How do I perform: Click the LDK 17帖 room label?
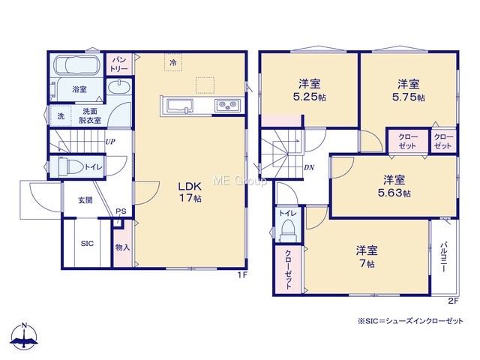pyautogui.click(x=190, y=192)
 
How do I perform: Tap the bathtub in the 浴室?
pyautogui.click(x=76, y=65)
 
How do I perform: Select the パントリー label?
pyautogui.click(x=119, y=64)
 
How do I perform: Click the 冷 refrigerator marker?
pyautogui.click(x=173, y=63)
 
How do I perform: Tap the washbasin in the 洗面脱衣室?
pyautogui.click(x=119, y=88)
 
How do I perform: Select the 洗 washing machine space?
pyautogui.click(x=61, y=116)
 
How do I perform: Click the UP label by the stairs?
pyautogui.click(x=110, y=142)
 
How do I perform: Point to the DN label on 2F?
pyautogui.click(x=309, y=167)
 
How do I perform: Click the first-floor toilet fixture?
pyautogui.click(x=70, y=166)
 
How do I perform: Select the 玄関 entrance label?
pyautogui.click(x=85, y=200)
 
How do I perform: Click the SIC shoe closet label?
pyautogui.click(x=87, y=244)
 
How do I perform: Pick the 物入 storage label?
pyautogui.click(x=122, y=247)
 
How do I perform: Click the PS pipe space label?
pyautogui.click(x=121, y=211)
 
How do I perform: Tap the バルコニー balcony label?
pyautogui.click(x=443, y=257)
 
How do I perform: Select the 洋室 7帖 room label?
pyautogui.click(x=367, y=256)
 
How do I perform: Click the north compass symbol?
pyautogui.click(x=24, y=336)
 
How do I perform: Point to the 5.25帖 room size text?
pyautogui.click(x=309, y=97)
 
